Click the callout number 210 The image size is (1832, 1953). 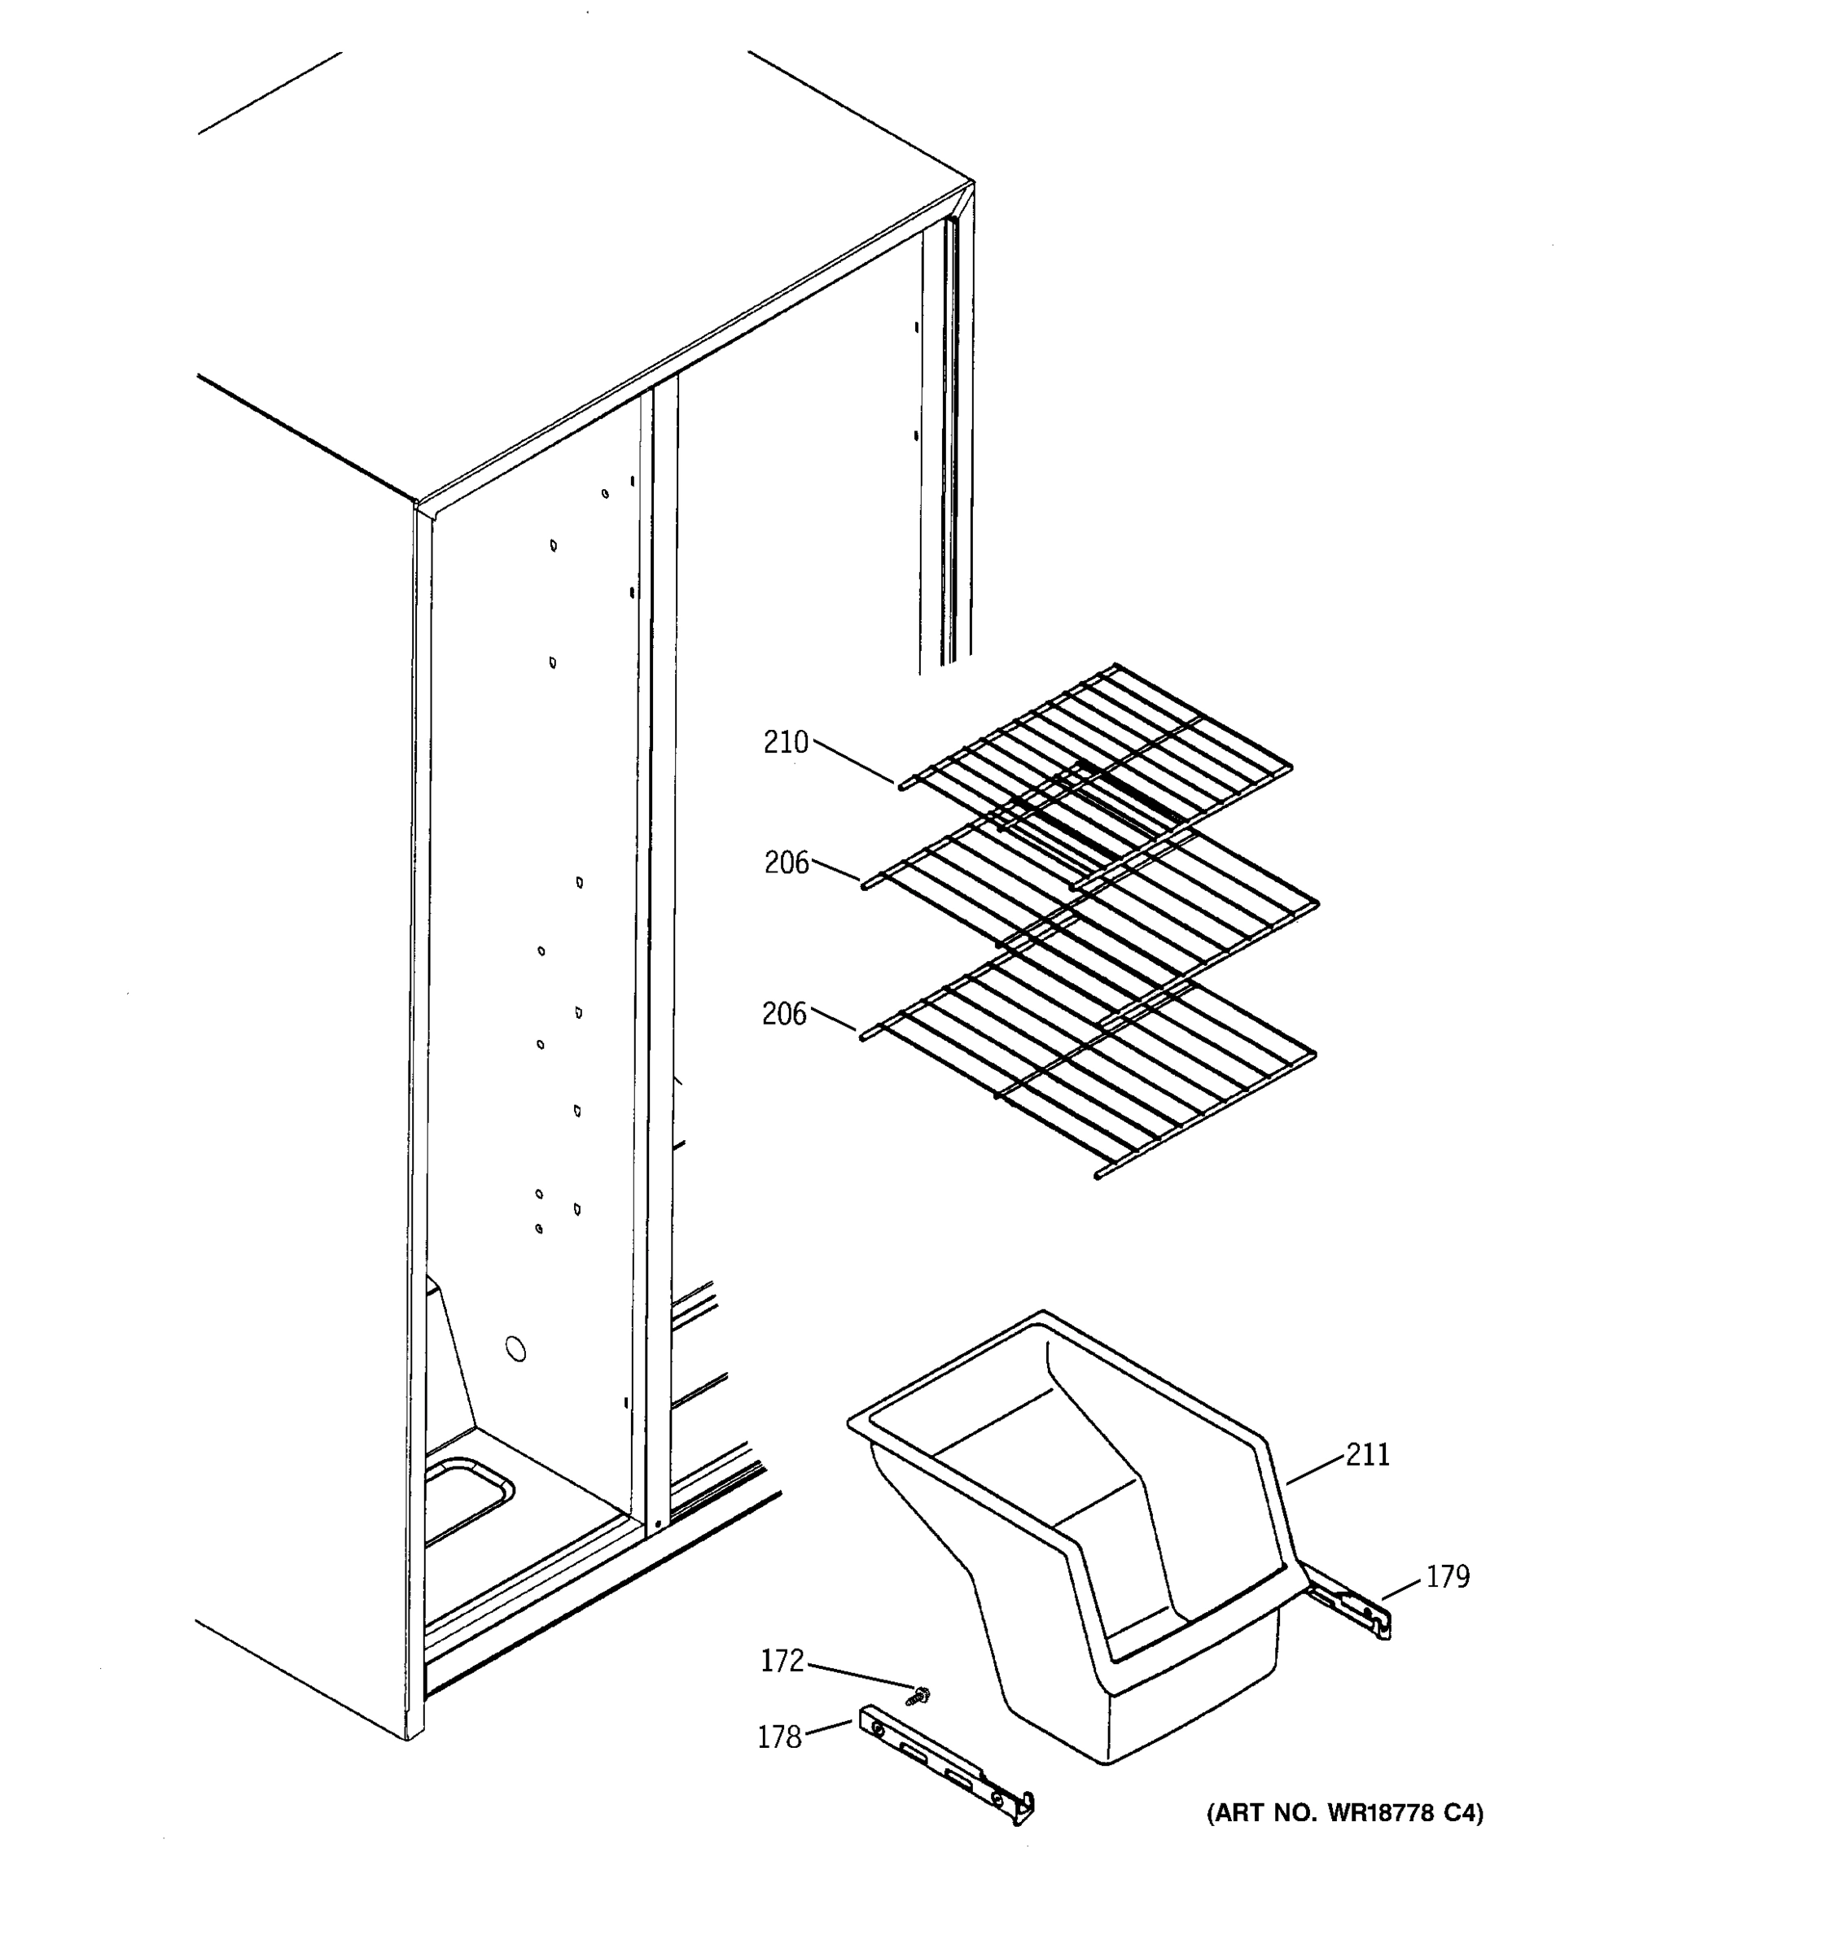(785, 743)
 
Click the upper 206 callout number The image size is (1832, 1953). (787, 863)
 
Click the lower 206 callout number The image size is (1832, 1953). (784, 1014)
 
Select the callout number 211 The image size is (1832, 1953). (1368, 1455)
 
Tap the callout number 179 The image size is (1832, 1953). (1448, 1577)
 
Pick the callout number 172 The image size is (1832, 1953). (782, 1661)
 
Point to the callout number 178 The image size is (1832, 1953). (779, 1738)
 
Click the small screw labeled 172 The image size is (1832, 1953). (922, 1694)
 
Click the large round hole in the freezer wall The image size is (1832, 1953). (516, 1349)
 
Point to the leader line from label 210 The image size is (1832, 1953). (853, 763)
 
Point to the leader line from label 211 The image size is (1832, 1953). (1315, 1470)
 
